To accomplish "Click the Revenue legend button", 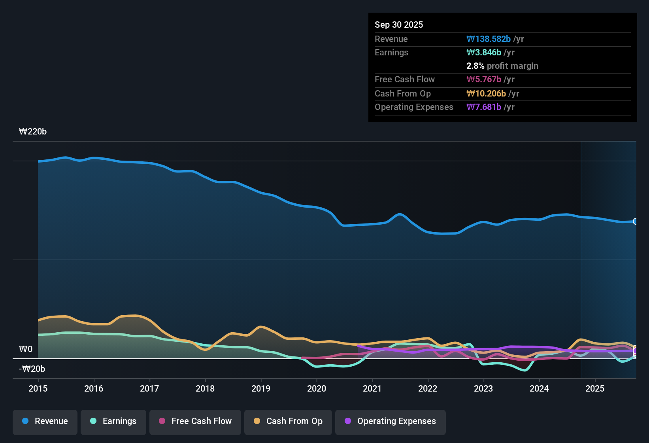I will coord(45,421).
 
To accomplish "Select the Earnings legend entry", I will coord(113,421).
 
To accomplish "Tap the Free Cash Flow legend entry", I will coord(195,421).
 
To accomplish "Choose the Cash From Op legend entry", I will coord(288,421).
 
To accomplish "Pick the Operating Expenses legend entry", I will coord(390,421).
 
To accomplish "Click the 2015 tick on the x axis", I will coord(38,388).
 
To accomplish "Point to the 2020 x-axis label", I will coord(317,388).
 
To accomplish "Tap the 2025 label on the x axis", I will coord(595,388).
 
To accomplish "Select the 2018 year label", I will coord(205,388).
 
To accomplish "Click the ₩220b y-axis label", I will coord(33,132).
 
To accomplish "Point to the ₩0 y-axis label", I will coord(26,349).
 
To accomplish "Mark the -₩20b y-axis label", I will coord(32,369).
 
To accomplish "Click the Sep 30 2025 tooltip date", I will coord(399,25).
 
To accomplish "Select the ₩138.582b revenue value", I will coord(489,39).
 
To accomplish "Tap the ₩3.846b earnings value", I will coord(484,53).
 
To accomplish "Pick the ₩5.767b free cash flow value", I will coord(484,80).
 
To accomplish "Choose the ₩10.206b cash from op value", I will coord(486,94).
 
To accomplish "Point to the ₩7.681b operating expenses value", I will coord(484,107).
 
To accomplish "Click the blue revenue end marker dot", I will coord(635,221).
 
